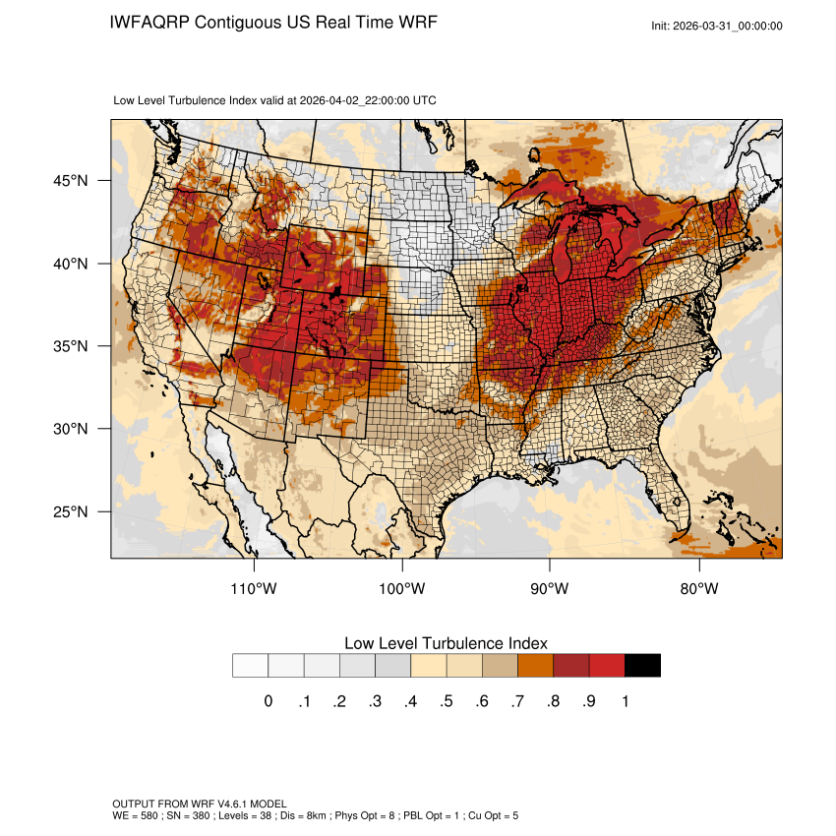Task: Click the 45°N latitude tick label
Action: coord(70,181)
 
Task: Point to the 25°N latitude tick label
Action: coord(70,511)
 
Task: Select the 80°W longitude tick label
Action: coord(699,588)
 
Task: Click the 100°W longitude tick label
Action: coord(402,588)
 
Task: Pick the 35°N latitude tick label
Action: coord(70,346)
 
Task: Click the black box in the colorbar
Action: coord(642,666)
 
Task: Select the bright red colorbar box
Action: coord(607,666)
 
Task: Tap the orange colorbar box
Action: coord(536,666)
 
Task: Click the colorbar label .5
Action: coord(447,701)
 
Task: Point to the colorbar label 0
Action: coord(268,701)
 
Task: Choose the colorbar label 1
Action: coord(625,701)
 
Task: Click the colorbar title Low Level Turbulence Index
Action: coord(446,643)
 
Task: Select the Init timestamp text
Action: coord(717,27)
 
